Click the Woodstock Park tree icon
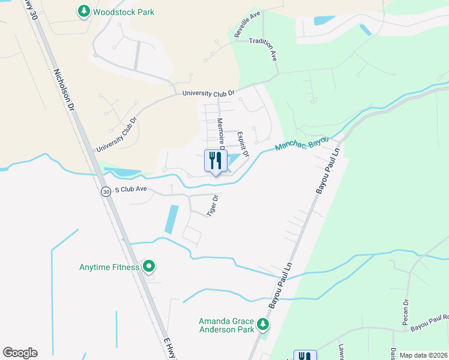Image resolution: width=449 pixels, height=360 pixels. [x=83, y=11]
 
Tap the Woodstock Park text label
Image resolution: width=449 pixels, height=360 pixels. [x=124, y=12]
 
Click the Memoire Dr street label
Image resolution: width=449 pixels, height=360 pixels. [x=220, y=133]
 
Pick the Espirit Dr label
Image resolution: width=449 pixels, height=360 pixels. [x=243, y=146]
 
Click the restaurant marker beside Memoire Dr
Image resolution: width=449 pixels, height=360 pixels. [x=216, y=161]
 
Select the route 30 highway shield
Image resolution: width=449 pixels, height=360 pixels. [x=106, y=192]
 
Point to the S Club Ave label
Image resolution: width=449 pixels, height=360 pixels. [x=130, y=189]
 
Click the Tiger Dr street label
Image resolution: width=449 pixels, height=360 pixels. [x=212, y=205]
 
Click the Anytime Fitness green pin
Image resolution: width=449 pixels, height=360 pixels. [x=149, y=267]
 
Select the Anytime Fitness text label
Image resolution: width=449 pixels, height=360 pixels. [x=109, y=267]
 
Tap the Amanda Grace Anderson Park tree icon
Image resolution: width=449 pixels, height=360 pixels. [x=263, y=325]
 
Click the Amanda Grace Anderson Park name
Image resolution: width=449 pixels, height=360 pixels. [x=227, y=325]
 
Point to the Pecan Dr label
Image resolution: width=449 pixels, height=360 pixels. [x=406, y=313]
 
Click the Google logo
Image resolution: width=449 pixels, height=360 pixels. [x=20, y=353]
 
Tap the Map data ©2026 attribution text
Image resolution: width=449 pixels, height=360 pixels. [x=423, y=355]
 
